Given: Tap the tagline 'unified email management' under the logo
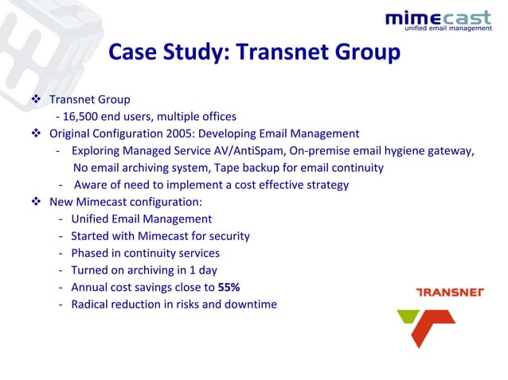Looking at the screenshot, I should pos(449,30).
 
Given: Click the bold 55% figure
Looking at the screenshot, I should pos(229,287).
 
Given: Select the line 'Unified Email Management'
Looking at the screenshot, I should pos(141,219).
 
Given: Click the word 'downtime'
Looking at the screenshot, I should pos(250,304).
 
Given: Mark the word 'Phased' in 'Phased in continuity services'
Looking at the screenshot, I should pos(91,253).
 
